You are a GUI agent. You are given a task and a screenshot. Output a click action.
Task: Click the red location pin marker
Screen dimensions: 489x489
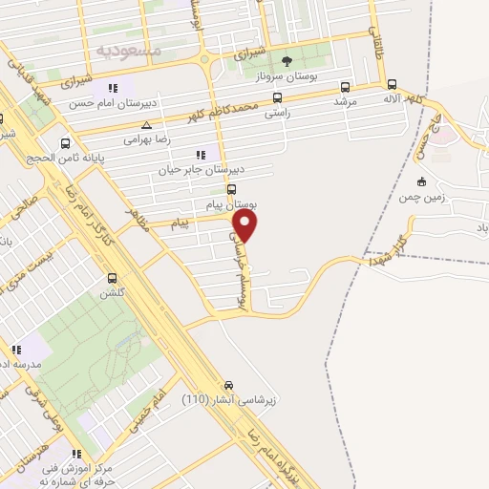pyautogui.click(x=245, y=225)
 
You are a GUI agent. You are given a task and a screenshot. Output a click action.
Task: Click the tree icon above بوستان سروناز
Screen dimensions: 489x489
pyautogui.click(x=287, y=60)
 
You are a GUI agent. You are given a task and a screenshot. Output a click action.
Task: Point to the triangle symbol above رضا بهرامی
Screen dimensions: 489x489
pyautogui.click(x=145, y=125)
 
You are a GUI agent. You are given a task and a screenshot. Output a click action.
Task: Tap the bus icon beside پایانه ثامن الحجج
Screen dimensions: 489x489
pyautogui.click(x=65, y=145)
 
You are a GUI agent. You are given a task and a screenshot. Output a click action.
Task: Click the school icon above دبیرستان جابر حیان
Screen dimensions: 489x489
pyautogui.click(x=200, y=155)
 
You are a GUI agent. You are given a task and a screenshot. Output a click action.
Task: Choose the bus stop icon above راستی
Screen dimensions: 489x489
pyautogui.click(x=277, y=97)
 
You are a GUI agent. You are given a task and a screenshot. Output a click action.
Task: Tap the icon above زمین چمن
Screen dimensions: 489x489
pyautogui.click(x=421, y=181)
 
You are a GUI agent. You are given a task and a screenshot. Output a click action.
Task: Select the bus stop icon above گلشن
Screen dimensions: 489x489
pyautogui.click(x=113, y=279)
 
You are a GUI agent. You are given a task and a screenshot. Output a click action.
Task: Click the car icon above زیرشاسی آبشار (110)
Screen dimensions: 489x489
pyautogui.click(x=227, y=384)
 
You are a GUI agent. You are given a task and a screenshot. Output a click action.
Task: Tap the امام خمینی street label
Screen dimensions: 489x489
pyautogui.click(x=146, y=402)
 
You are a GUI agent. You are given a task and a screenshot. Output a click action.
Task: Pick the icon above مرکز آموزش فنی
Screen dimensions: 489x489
pyautogui.click(x=76, y=455)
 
